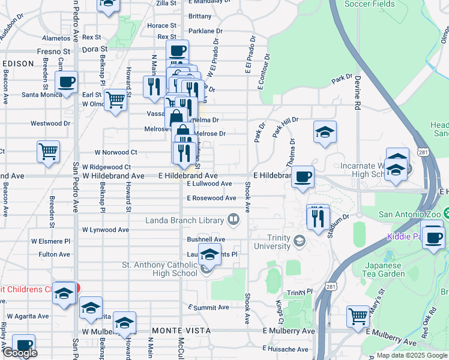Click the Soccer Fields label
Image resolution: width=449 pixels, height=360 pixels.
tap(370, 4)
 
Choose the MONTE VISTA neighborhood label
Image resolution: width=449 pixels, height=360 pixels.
tap(181, 331)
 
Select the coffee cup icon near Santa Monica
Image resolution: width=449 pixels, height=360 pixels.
tap(67, 82)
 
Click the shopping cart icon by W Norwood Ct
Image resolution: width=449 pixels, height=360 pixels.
tap(48, 151)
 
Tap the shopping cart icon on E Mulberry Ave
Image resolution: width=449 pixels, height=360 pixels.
tap(358, 315)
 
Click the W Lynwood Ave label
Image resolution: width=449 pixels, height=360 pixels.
tap(106, 230)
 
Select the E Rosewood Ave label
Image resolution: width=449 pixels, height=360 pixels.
tap(211, 198)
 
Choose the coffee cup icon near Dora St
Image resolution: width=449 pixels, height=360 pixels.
tap(177, 50)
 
